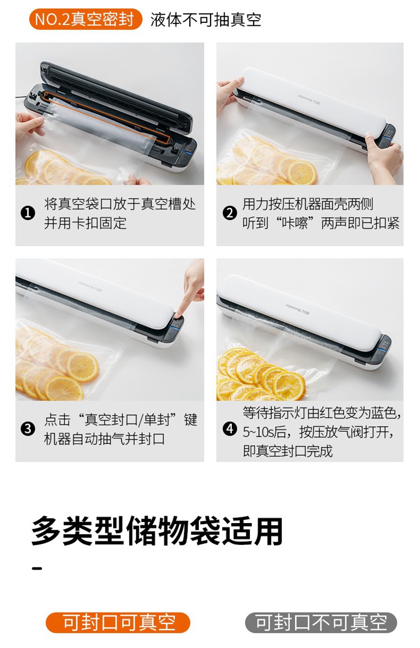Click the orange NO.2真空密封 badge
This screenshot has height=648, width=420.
point(86,20)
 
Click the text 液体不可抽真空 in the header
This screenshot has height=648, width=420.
point(206,20)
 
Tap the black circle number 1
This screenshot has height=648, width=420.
point(27,213)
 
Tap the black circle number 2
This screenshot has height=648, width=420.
point(230,213)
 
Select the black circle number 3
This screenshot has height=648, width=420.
point(27,428)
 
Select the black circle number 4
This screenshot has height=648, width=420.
point(230,428)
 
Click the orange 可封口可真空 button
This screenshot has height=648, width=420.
point(118,623)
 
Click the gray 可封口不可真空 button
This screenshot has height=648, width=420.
point(321,623)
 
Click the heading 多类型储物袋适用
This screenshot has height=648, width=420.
point(157,532)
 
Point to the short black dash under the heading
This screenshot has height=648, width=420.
point(37,568)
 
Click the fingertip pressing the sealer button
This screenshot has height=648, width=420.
point(180,315)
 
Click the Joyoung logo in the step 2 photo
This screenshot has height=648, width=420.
point(309,100)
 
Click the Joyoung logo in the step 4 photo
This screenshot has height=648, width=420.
point(297,309)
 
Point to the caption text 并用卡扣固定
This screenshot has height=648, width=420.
point(85,223)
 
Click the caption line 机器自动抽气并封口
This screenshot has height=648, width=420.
point(105,439)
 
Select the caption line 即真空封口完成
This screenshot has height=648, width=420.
point(288,451)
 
